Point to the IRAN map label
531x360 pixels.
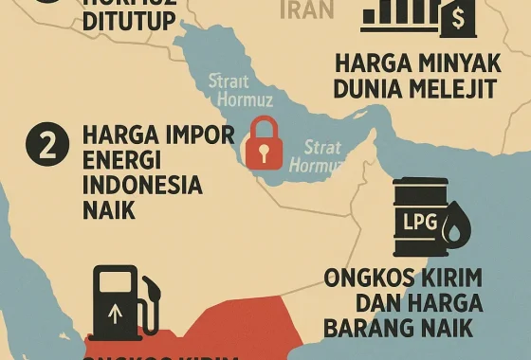[x=309, y=10]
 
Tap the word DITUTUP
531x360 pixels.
[x=127, y=20]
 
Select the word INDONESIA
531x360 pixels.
[x=143, y=184]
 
